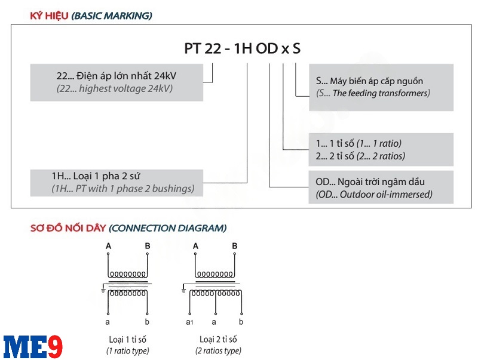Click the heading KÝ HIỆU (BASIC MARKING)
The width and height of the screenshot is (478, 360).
pos(91,16)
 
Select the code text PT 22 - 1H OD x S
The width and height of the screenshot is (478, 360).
pos(242,49)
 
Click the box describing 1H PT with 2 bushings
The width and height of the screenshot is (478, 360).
pos(116,183)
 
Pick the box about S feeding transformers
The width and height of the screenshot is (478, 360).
pos(381,87)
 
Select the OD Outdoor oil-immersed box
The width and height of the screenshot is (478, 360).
pos(381,187)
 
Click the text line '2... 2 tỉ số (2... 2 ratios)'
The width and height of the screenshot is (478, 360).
pos(360,156)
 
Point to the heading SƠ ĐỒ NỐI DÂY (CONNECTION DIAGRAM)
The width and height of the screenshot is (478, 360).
pos(128,228)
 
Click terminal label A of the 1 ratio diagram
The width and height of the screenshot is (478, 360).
pos(108,246)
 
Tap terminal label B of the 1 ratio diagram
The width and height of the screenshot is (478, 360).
pos(148,246)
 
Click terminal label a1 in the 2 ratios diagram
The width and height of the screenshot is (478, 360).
pos(190,322)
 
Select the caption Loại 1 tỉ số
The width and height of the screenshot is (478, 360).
pos(128,339)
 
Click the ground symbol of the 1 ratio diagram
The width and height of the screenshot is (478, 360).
pos(103,290)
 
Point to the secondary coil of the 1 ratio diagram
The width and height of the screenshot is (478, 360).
pos(128,294)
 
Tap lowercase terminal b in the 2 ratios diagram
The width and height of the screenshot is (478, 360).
pos(242,322)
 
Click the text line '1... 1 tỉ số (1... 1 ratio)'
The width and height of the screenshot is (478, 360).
pos(358,143)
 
